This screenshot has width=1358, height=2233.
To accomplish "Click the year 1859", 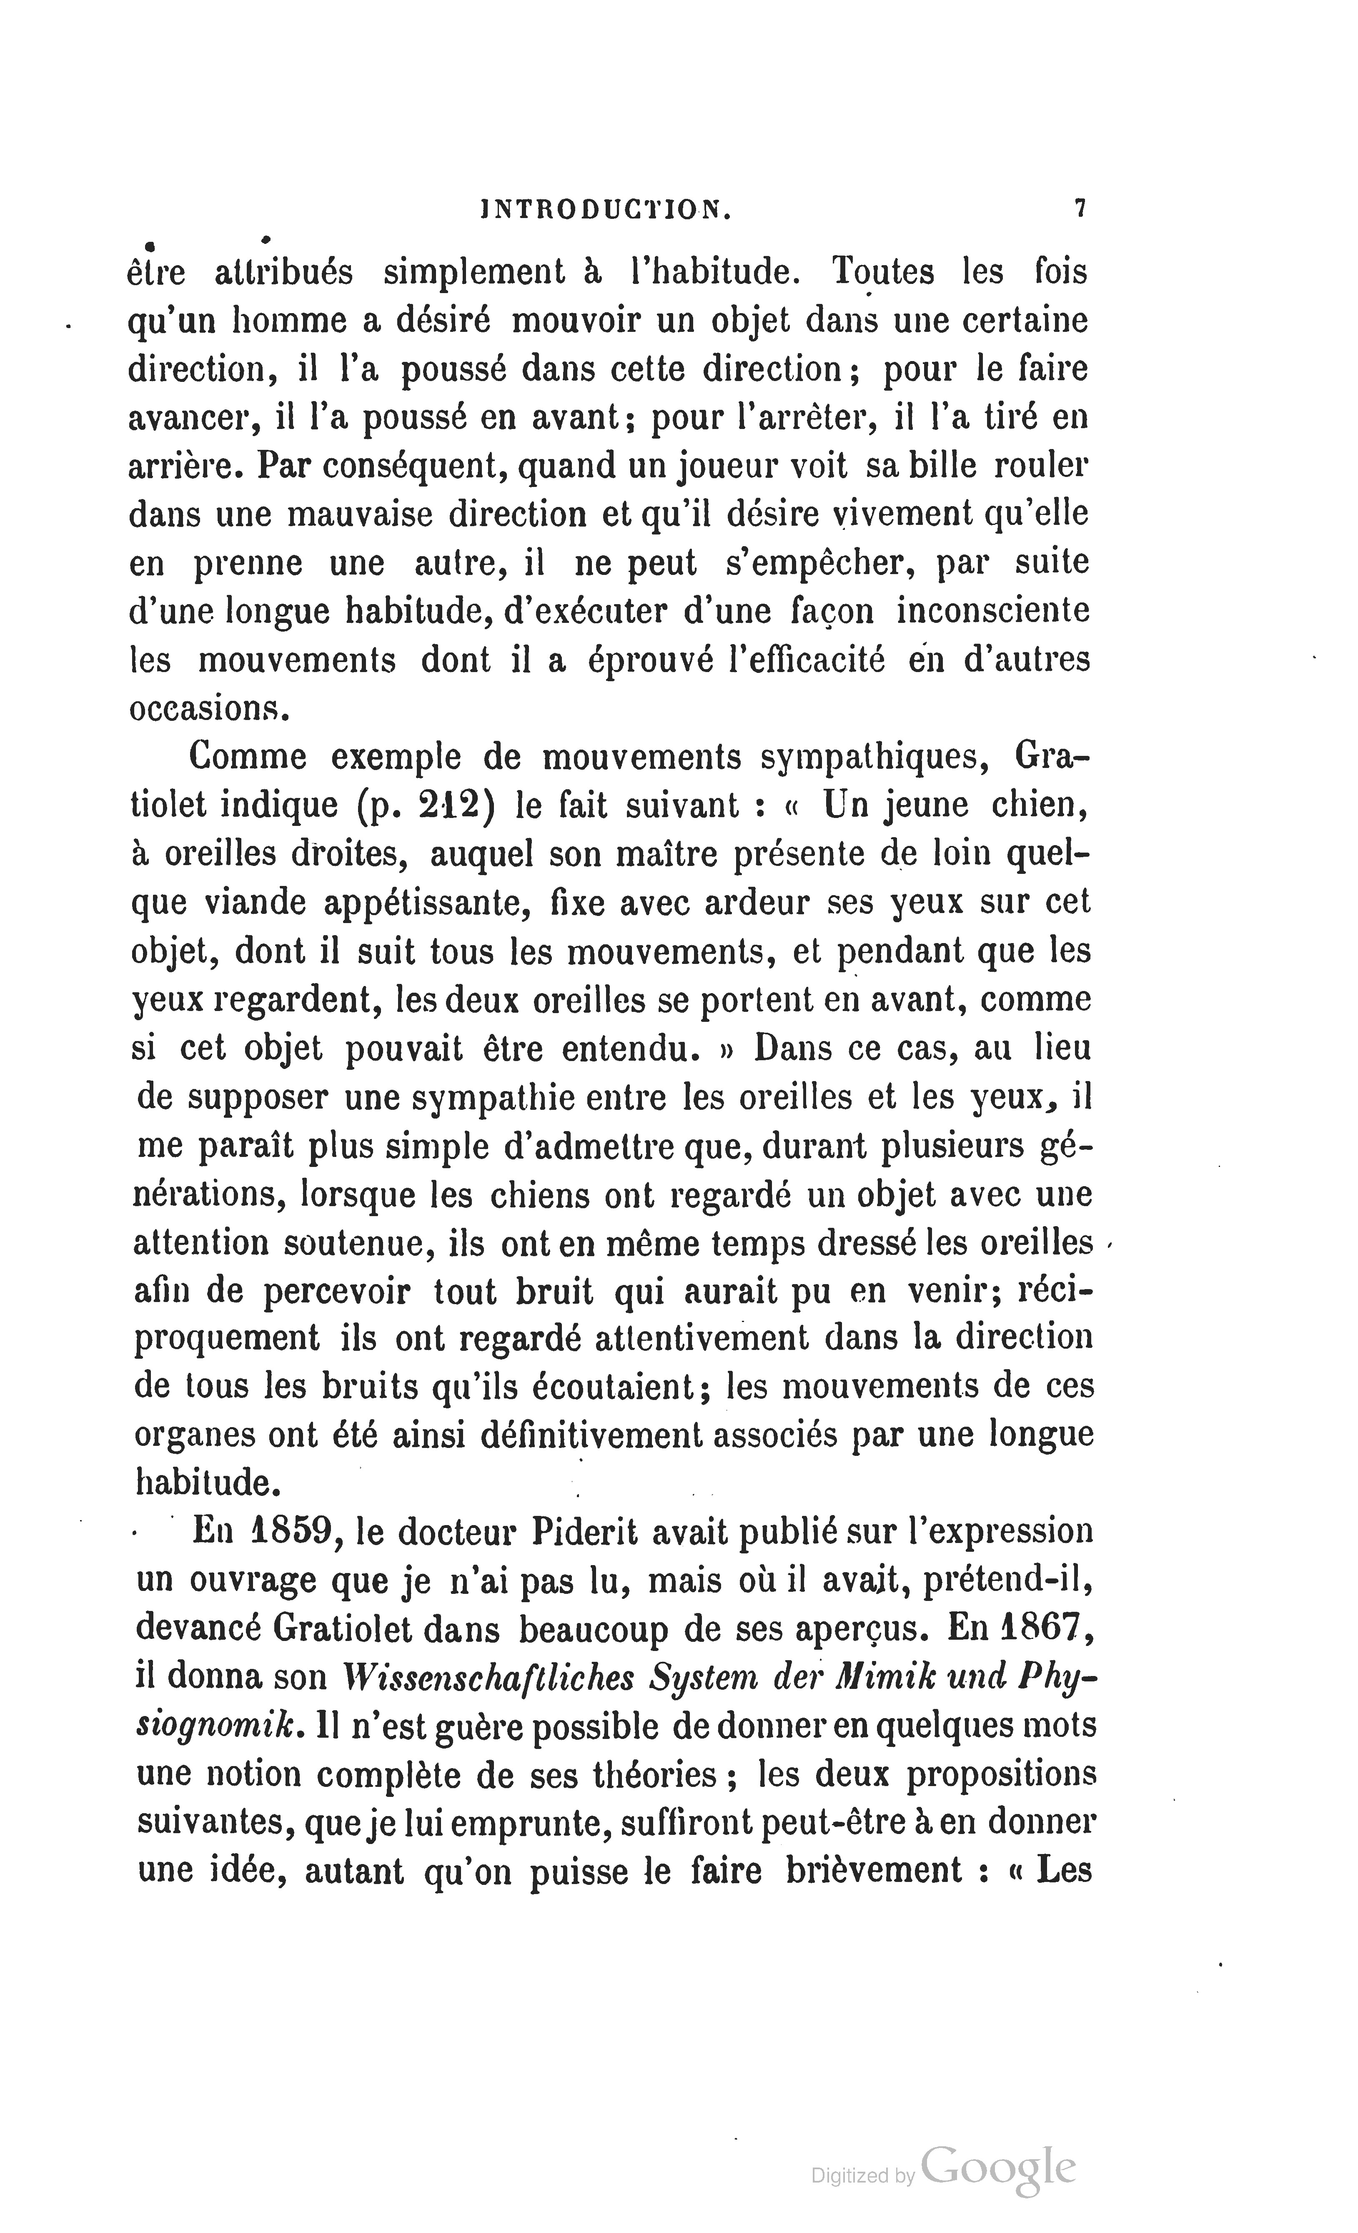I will pos(288,1532).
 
